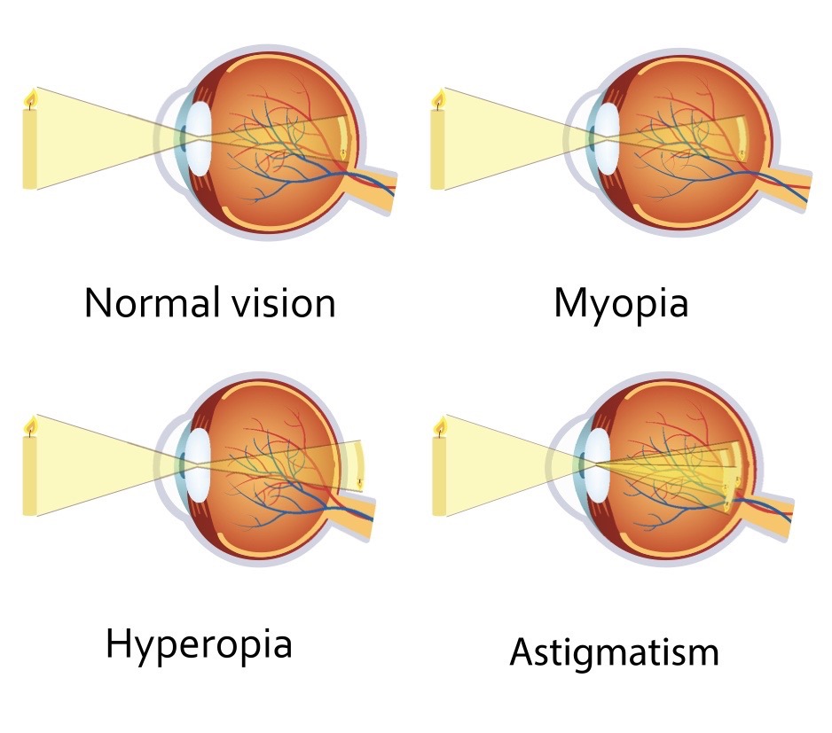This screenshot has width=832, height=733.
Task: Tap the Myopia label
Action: click(621, 304)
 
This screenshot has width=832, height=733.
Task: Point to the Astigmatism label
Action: click(614, 653)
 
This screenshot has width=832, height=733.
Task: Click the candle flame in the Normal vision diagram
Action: click(30, 98)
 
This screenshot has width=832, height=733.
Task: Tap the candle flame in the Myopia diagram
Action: click(438, 98)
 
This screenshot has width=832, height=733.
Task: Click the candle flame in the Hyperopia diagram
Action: click(30, 426)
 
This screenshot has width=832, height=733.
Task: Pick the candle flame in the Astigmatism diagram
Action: click(438, 426)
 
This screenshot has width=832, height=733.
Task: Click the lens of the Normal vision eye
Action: click(199, 137)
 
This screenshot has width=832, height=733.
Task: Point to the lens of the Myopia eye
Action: click(608, 137)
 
